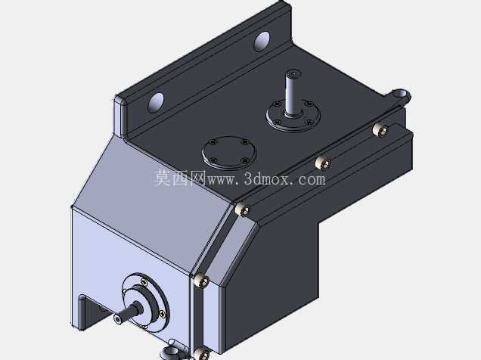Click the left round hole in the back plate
point(156,102)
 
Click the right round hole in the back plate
point(262,41)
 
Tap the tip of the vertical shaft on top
point(293,73)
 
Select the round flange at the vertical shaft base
point(293,116)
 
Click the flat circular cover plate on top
point(229,153)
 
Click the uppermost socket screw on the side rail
point(380,130)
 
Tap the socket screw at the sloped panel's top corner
point(242,209)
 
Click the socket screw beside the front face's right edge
point(201,281)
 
